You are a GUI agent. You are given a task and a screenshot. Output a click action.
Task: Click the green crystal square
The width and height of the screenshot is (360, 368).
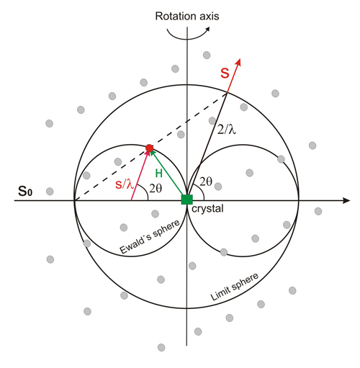pyautogui.click(x=186, y=199)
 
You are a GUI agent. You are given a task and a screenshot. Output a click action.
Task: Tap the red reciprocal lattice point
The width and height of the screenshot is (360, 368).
pyautogui.click(x=149, y=148)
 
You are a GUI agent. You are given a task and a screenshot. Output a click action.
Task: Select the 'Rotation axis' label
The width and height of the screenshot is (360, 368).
pyautogui.click(x=187, y=17)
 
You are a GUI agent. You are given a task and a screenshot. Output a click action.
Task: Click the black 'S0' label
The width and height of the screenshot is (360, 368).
pyautogui.click(x=25, y=192)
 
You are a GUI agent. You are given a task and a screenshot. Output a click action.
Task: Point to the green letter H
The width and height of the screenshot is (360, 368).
pyautogui.click(x=159, y=173)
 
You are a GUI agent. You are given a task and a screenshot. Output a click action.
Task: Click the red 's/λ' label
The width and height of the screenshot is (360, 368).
pyautogui.click(x=124, y=184)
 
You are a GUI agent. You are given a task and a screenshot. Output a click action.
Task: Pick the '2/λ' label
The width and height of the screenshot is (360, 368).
pyautogui.click(x=227, y=130)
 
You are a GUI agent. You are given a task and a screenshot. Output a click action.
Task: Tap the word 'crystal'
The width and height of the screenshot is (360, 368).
pyautogui.click(x=207, y=208)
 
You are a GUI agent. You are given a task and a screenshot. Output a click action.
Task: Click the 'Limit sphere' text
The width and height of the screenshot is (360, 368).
pyautogui.click(x=235, y=287)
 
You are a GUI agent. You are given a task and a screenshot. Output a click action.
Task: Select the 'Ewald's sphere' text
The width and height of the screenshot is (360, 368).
pyautogui.click(x=150, y=236)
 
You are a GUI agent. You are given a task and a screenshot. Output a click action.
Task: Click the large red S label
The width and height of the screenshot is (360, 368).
pyautogui.click(x=225, y=73)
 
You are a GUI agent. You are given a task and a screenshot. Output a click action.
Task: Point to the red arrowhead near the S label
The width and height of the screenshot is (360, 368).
pyautogui.click(x=238, y=62)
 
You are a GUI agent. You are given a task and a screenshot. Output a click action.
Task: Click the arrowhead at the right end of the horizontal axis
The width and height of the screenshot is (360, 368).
pyautogui.click(x=346, y=200)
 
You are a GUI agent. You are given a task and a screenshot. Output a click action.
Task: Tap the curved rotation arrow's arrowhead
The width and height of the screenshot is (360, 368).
pyautogui.click(x=207, y=29)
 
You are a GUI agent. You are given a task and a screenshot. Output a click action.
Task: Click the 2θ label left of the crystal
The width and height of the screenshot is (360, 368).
pyautogui.click(x=156, y=189)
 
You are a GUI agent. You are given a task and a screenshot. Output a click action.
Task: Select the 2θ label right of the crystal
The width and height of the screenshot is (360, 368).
pyautogui.click(x=206, y=181)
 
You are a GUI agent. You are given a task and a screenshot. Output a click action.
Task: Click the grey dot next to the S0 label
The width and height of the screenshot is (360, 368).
pyautogui.click(x=50, y=192)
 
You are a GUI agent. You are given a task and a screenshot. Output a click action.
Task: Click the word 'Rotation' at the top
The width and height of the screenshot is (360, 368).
pyautogui.click(x=173, y=17)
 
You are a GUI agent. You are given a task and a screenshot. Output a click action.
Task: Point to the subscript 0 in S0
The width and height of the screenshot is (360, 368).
pyautogui.click(x=30, y=193)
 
